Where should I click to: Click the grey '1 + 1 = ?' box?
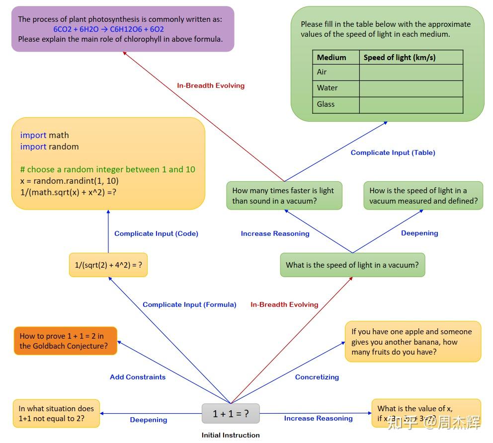231,413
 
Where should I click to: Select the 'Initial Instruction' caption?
231,435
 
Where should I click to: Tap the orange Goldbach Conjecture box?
66,341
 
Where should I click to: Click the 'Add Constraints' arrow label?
138,377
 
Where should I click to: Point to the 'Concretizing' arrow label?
317,377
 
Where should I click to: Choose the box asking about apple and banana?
412,342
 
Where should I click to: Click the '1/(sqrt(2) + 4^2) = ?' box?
108,265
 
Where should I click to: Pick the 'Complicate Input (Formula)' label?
189,304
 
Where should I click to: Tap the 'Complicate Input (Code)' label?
156,233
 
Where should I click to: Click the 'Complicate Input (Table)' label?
393,152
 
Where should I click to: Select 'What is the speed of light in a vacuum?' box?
352,265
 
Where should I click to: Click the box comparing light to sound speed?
284,196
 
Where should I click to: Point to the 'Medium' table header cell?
331,57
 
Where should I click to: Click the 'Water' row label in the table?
328,88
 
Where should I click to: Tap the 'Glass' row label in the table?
326,104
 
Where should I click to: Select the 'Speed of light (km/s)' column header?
400,57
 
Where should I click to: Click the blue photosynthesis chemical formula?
108,29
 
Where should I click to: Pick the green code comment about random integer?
107,169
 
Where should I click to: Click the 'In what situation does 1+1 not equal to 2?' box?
56,413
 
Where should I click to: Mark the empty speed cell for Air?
411,72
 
